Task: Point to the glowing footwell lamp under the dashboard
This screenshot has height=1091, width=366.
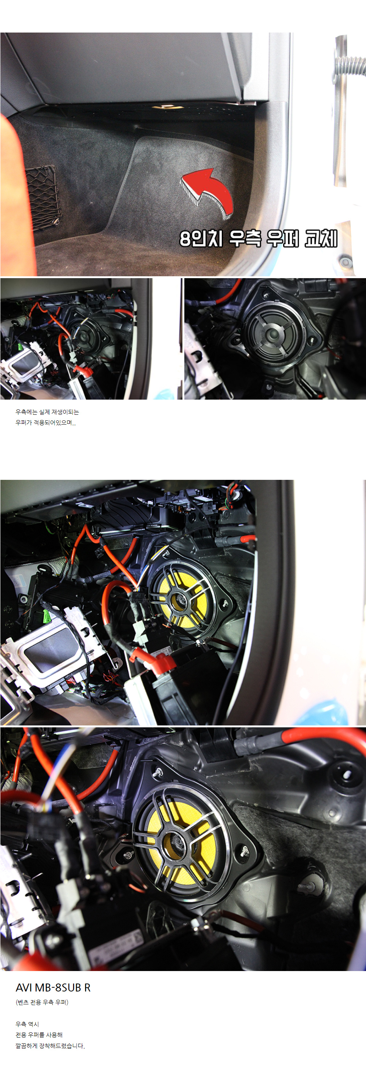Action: point(167,106)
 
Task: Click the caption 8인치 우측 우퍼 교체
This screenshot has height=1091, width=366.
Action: point(259,238)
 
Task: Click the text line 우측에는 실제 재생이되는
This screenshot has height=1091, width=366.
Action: point(47,412)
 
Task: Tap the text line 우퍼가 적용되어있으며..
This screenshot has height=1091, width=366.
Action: point(45,423)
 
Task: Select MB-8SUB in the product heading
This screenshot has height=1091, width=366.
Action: point(58,988)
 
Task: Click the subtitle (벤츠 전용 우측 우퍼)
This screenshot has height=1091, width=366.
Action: point(42,1002)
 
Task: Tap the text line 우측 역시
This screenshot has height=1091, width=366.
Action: point(27,1024)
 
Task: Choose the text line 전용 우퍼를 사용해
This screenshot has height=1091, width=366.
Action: point(39,1035)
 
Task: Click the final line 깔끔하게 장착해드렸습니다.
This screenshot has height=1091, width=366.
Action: point(50,1046)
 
